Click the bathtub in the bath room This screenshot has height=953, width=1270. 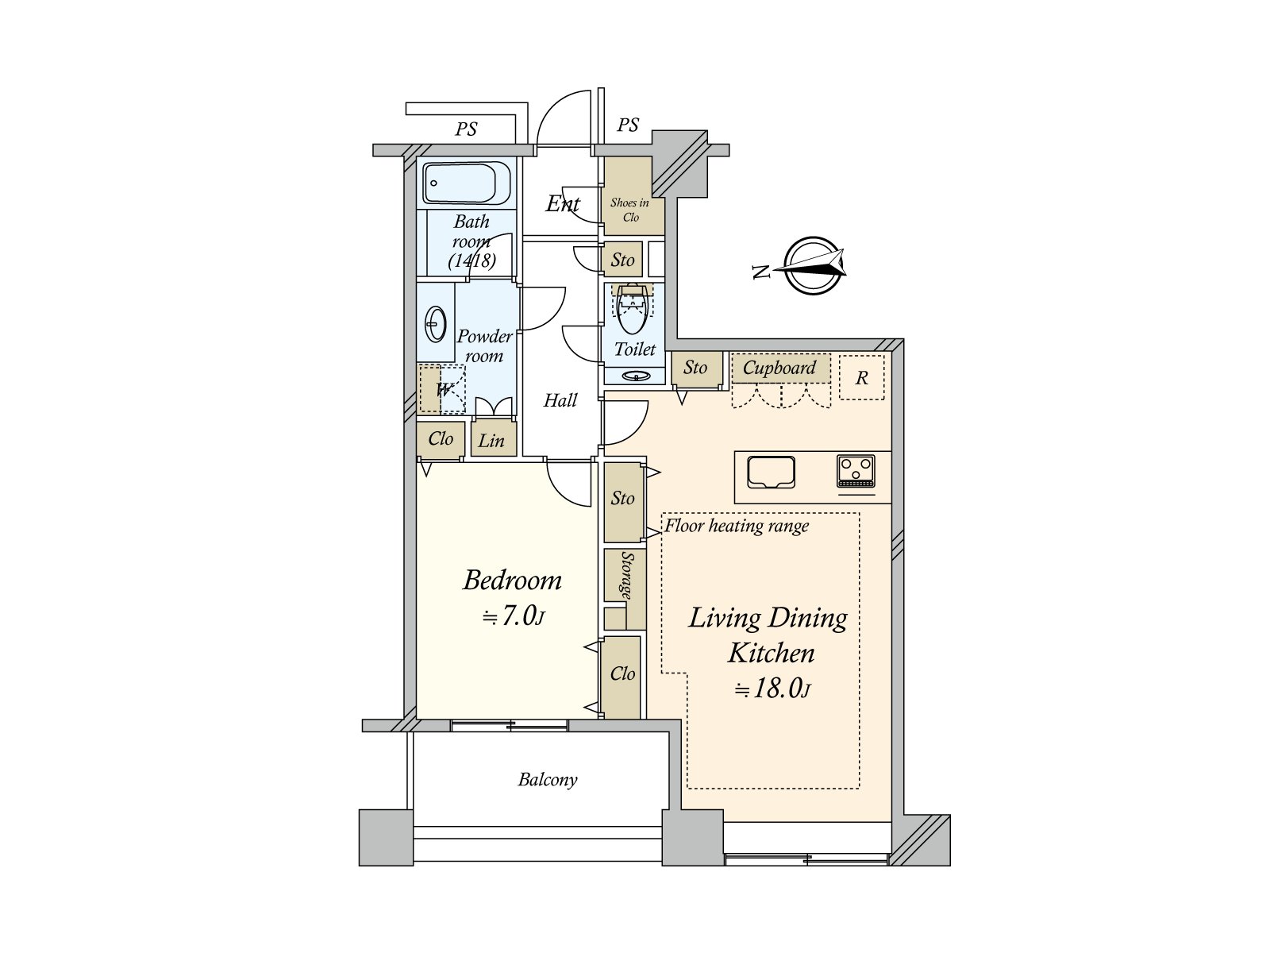(466, 183)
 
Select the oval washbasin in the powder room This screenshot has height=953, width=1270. (435, 324)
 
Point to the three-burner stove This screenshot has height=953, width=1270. (856, 472)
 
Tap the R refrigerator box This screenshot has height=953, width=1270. (861, 379)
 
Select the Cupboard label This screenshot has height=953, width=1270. (779, 368)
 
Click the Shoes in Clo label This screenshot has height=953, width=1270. (629, 210)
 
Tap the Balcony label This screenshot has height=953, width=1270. (548, 780)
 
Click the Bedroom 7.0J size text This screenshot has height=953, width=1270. (514, 616)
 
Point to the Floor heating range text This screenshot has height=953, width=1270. (737, 526)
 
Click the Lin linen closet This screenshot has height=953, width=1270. (491, 441)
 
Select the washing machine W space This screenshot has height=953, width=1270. (442, 390)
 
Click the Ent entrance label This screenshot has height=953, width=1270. (563, 204)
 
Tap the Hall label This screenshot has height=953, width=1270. (560, 401)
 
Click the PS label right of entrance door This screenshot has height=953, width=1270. (628, 125)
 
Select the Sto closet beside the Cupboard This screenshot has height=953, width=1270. (695, 368)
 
